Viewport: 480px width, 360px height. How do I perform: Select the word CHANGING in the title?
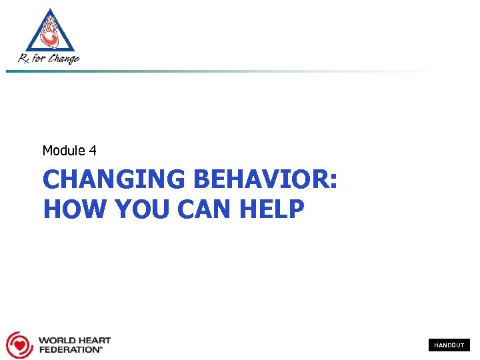[x=113, y=179]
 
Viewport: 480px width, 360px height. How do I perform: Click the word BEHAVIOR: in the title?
[x=264, y=179]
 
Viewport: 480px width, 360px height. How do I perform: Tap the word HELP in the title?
[x=273, y=209]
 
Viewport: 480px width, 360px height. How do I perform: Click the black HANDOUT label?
[x=449, y=345]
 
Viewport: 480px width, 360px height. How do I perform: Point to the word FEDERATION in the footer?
[x=69, y=349]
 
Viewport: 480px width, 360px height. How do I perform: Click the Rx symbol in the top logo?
[x=25, y=59]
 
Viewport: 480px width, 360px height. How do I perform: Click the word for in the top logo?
[x=40, y=59]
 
